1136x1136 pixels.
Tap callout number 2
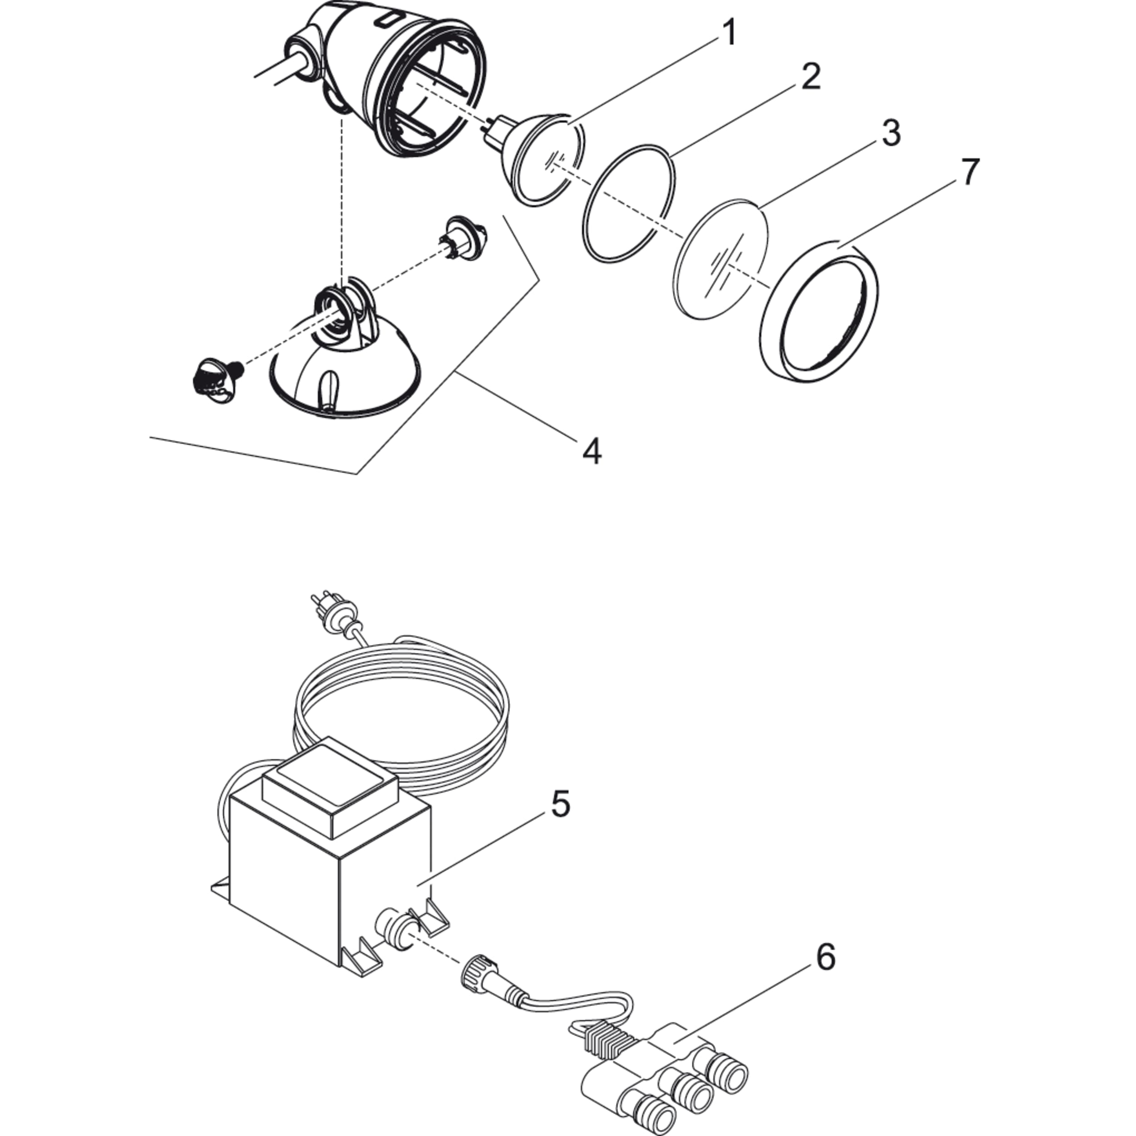[x=810, y=77]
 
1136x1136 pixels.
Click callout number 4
[x=592, y=452]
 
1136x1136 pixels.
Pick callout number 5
[x=560, y=804]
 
